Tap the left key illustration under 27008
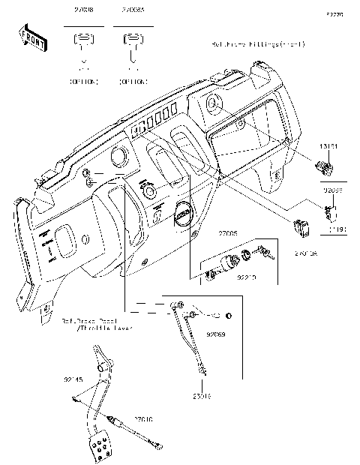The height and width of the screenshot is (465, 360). [84, 43]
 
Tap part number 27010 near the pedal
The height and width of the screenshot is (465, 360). [145, 418]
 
